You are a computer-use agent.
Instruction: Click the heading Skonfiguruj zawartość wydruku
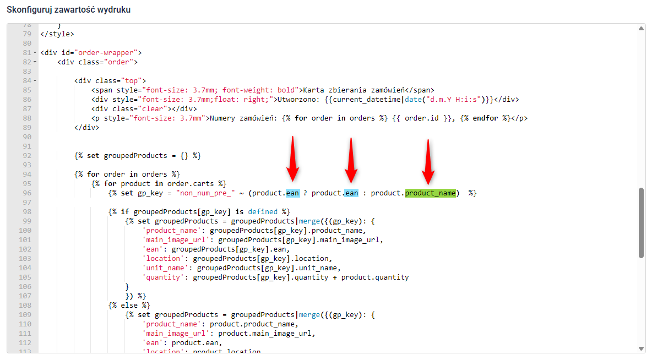pyautogui.click(x=69, y=9)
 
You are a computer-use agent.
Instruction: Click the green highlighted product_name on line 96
pyautogui.click(x=431, y=193)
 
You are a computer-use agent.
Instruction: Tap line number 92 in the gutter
pyautogui.click(x=27, y=155)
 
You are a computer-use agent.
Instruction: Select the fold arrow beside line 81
pyautogui.click(x=35, y=53)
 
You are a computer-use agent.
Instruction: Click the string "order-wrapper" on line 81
pyautogui.click(x=106, y=53)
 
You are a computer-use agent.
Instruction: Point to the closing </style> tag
pyautogui.click(x=57, y=34)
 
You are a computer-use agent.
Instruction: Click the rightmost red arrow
pyautogui.click(x=428, y=162)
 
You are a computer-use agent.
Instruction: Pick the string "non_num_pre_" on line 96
pyautogui.click(x=205, y=193)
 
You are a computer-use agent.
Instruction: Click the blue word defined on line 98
pyautogui.click(x=262, y=211)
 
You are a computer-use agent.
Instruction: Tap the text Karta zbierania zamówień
pyautogui.click(x=354, y=90)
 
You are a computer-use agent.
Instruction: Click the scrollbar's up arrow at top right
pyautogui.click(x=641, y=28)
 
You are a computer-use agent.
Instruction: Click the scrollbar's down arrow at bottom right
pyautogui.click(x=641, y=348)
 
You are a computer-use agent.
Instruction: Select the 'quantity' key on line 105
pyautogui.click(x=163, y=277)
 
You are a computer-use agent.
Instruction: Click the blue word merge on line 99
pyautogui.click(x=309, y=221)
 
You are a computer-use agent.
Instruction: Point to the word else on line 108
pyautogui.click(x=129, y=305)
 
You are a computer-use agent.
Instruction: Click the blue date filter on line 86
pyautogui.click(x=414, y=99)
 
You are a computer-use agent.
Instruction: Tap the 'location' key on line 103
pyautogui.click(x=163, y=259)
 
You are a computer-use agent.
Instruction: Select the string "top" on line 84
pyautogui.click(x=132, y=81)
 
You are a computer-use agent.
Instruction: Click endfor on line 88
pyautogui.click(x=485, y=118)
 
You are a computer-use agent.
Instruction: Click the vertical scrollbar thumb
pyautogui.click(x=641, y=223)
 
